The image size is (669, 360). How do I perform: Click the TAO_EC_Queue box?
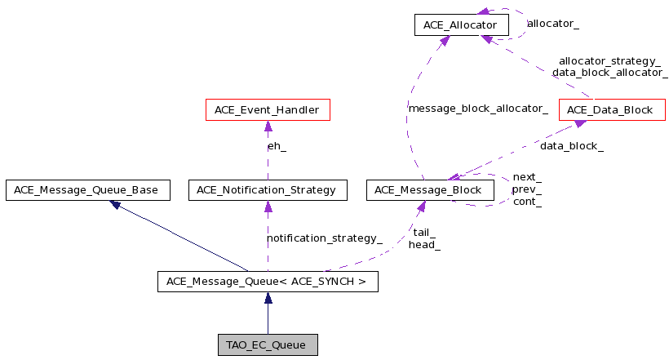268,344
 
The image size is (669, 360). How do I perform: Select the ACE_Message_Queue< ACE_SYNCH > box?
268,282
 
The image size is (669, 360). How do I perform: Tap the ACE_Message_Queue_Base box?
88,190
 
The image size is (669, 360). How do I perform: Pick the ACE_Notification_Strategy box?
268,190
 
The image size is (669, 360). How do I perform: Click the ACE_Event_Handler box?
268,109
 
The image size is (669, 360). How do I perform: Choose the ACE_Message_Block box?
430,190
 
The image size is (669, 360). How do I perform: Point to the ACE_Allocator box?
462,24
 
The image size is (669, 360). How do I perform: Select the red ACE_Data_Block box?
612,109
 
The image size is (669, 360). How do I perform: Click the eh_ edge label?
277,146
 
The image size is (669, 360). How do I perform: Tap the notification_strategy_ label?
325,238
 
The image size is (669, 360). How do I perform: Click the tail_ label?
424,233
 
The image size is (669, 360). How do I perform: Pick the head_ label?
424,245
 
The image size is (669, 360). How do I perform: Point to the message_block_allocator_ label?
478,109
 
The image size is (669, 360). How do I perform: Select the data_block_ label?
572,146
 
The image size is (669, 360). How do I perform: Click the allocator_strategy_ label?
609,61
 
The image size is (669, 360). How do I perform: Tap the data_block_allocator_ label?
610,73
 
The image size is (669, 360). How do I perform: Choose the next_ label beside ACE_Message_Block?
527,177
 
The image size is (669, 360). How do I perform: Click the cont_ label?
527,202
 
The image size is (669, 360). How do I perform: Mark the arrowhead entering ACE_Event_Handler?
268,126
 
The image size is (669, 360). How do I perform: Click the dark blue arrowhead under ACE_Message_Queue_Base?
115,205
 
